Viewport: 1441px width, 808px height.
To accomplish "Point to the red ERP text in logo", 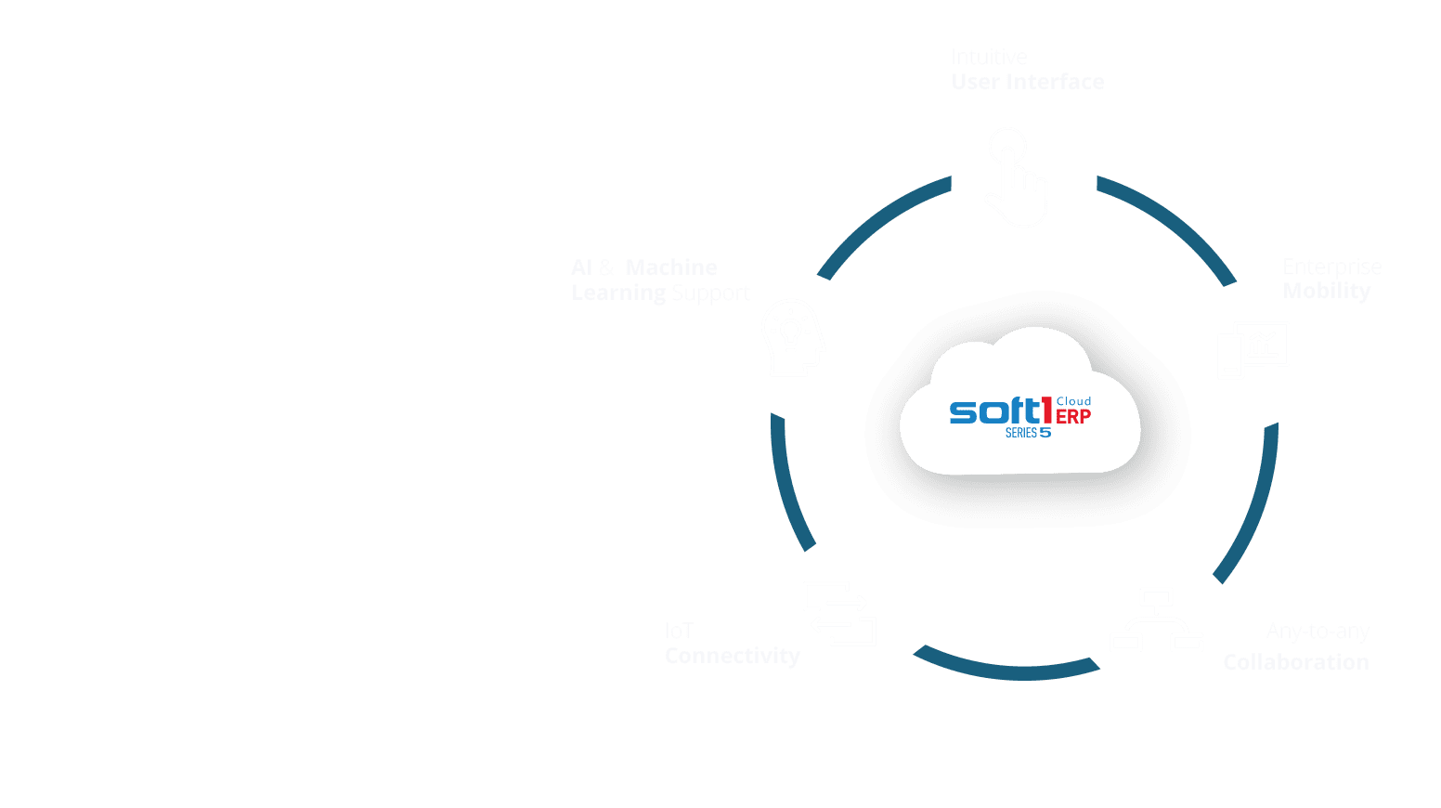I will [1073, 417].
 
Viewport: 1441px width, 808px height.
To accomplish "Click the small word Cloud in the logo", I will [1074, 401].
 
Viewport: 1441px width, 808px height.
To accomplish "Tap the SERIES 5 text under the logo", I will [1028, 433].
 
